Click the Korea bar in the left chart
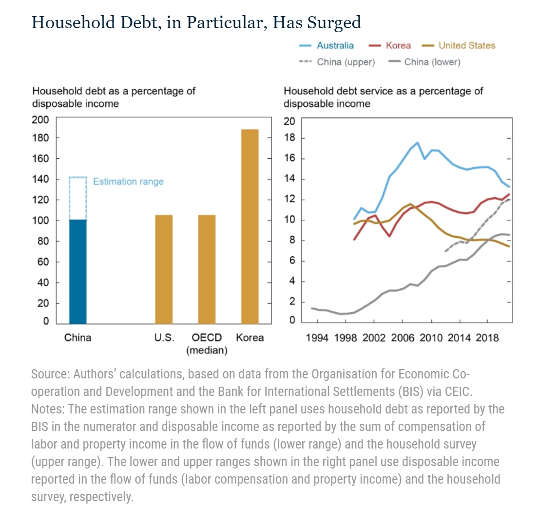point(250,226)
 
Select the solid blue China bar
point(78,272)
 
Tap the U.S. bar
point(164,269)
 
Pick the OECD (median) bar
point(207,269)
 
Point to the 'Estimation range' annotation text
point(128,182)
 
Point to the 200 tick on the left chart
point(40,120)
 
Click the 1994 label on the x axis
point(317,337)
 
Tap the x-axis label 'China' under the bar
point(78,337)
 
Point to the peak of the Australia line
point(418,142)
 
